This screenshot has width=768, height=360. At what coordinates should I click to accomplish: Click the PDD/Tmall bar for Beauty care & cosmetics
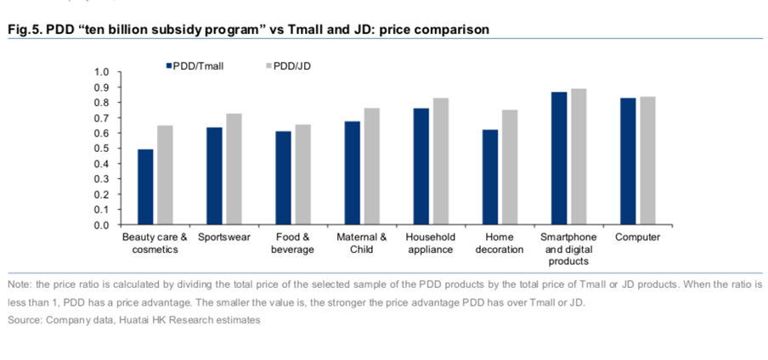pos(145,187)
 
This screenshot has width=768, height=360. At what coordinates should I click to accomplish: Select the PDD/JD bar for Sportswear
pos(234,169)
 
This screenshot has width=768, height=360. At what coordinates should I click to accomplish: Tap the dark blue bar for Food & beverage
pos(283,178)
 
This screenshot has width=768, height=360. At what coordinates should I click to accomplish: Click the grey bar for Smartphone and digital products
pos(578,157)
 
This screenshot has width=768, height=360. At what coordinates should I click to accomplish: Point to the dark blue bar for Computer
pos(627,161)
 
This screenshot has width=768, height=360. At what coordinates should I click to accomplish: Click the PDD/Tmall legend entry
pos(194,65)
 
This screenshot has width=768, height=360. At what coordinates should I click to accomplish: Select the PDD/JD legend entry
pos(290,65)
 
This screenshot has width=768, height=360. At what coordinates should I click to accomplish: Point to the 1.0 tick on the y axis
pos(101,72)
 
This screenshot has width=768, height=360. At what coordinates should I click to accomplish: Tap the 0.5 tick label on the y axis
pos(101,149)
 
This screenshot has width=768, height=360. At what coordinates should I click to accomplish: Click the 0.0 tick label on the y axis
pos(101,225)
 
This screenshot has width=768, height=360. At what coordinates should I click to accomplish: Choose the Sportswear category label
pos(224,237)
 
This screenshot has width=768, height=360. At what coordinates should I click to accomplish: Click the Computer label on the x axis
pos(637,237)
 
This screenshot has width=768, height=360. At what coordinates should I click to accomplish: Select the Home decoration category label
pos(500,243)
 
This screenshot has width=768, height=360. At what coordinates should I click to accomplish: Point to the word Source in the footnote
pos(24,320)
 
